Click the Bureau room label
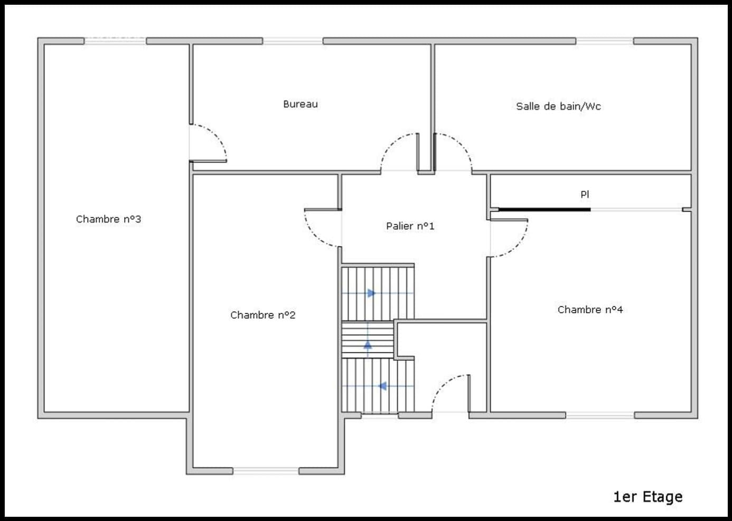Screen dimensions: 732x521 point(301,104)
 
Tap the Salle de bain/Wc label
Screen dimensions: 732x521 point(558,106)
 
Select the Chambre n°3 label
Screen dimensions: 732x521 point(108,219)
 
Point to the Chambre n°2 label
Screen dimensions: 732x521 point(262,315)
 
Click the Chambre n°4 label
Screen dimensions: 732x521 point(590,309)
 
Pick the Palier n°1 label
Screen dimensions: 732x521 point(410,226)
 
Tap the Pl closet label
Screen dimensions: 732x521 point(585,194)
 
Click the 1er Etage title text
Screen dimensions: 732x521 point(648,497)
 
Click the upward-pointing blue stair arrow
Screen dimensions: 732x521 point(368,345)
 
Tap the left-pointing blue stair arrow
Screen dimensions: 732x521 point(382,386)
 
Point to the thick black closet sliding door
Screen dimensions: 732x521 point(545,210)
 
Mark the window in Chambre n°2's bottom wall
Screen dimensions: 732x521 point(266,471)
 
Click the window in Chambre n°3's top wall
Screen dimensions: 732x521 point(115,41)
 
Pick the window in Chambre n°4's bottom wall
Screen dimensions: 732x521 point(600,415)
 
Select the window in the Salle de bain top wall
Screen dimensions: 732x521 point(605,41)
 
